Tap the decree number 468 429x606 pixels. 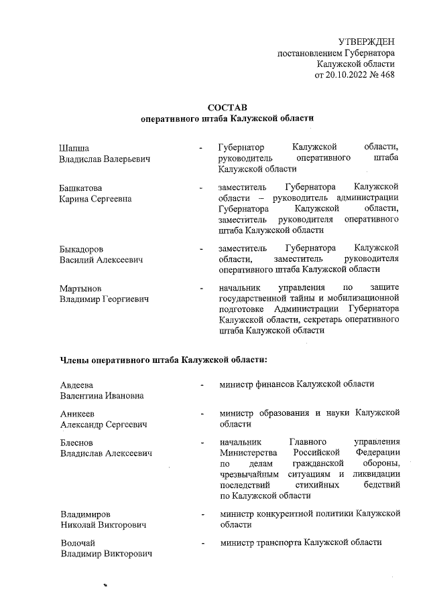point(386,74)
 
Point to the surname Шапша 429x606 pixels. point(74,147)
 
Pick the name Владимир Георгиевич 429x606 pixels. point(104,299)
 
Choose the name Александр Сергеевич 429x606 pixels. point(104,425)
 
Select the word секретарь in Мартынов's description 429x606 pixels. point(335,319)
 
